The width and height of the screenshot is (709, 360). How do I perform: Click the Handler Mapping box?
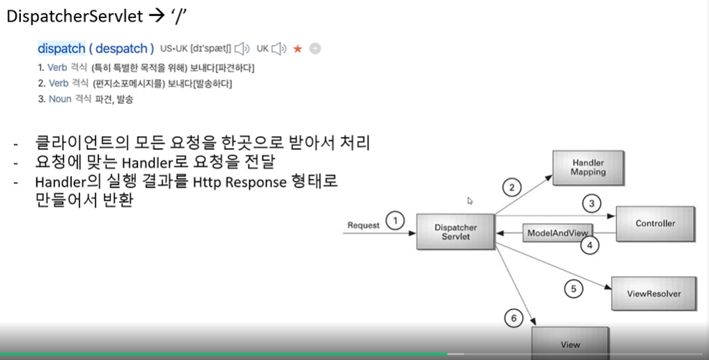pyautogui.click(x=588, y=167)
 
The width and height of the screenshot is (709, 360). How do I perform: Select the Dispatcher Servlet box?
pyautogui.click(x=456, y=232)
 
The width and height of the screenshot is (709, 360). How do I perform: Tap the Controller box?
pyautogui.click(x=655, y=224)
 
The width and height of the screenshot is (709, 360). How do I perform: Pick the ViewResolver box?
pyautogui.click(x=655, y=293)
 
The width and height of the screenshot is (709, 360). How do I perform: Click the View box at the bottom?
pyautogui.click(x=569, y=344)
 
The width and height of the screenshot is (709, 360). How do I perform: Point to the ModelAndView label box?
pyautogui.click(x=558, y=232)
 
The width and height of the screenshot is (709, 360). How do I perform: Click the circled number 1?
pyautogui.click(x=395, y=222)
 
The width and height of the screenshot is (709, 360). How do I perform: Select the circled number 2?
pyautogui.click(x=512, y=187)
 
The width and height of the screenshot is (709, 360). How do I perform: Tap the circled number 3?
pyautogui.click(x=592, y=204)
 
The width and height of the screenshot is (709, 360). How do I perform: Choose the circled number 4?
pyautogui.click(x=590, y=245)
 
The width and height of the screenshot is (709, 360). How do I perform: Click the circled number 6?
pyautogui.click(x=514, y=319)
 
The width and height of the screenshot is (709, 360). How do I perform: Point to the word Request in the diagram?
pyautogui.click(x=364, y=225)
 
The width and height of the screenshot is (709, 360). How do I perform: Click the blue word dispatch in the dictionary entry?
pyautogui.click(x=61, y=49)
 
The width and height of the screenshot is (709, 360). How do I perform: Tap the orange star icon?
pyautogui.click(x=298, y=49)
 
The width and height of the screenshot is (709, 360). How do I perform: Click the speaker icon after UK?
pyautogui.click(x=279, y=49)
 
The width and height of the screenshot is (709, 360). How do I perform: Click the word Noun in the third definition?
pyautogui.click(x=60, y=99)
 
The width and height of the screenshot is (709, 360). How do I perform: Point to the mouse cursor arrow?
pyautogui.click(x=470, y=201)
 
